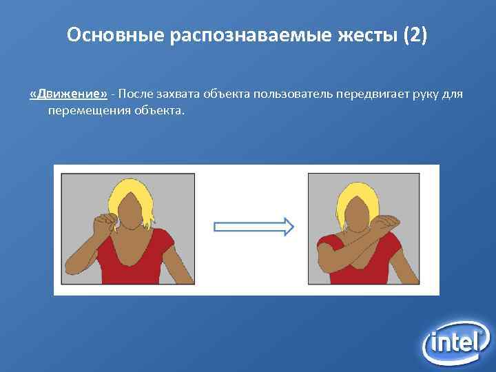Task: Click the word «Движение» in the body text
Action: pos(68,94)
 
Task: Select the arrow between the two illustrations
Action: pos(254,227)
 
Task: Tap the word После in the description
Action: pos(138,94)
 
